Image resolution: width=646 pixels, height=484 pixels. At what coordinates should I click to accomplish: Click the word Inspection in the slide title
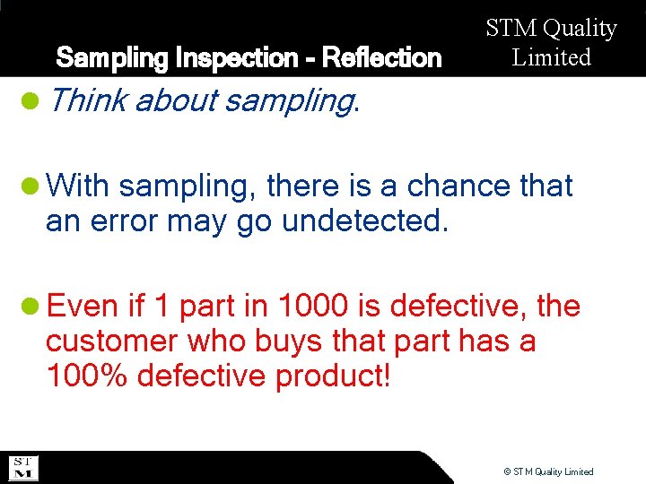point(227,58)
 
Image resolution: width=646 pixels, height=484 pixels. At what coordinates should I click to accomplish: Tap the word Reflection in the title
point(381,58)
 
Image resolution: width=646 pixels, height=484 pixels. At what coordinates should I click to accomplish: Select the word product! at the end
point(333,376)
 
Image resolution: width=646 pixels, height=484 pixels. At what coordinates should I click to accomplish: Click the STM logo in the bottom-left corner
point(22,468)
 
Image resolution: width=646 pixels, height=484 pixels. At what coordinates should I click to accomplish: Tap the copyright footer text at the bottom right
point(548,471)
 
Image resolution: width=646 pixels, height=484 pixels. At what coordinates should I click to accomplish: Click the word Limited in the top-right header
point(552,57)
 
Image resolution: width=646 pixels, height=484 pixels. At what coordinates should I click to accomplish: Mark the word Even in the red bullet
point(83,307)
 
